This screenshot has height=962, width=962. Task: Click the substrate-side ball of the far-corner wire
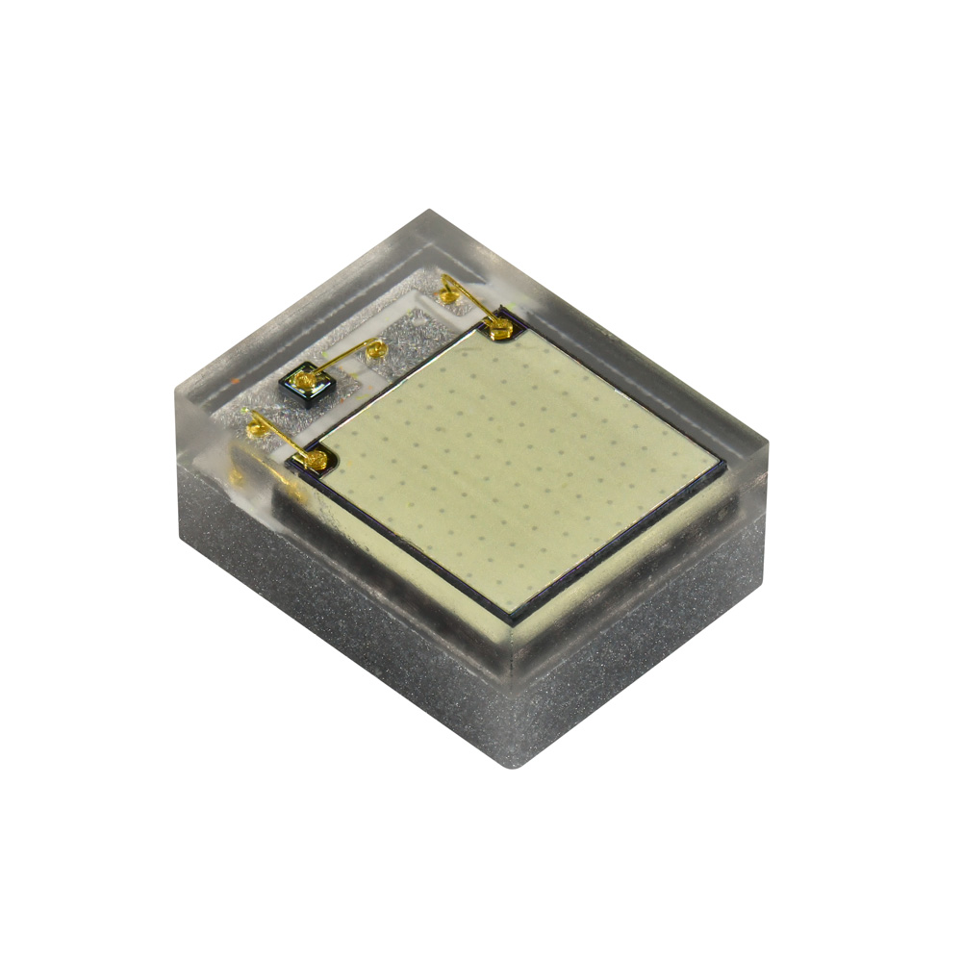tap(447, 289)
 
